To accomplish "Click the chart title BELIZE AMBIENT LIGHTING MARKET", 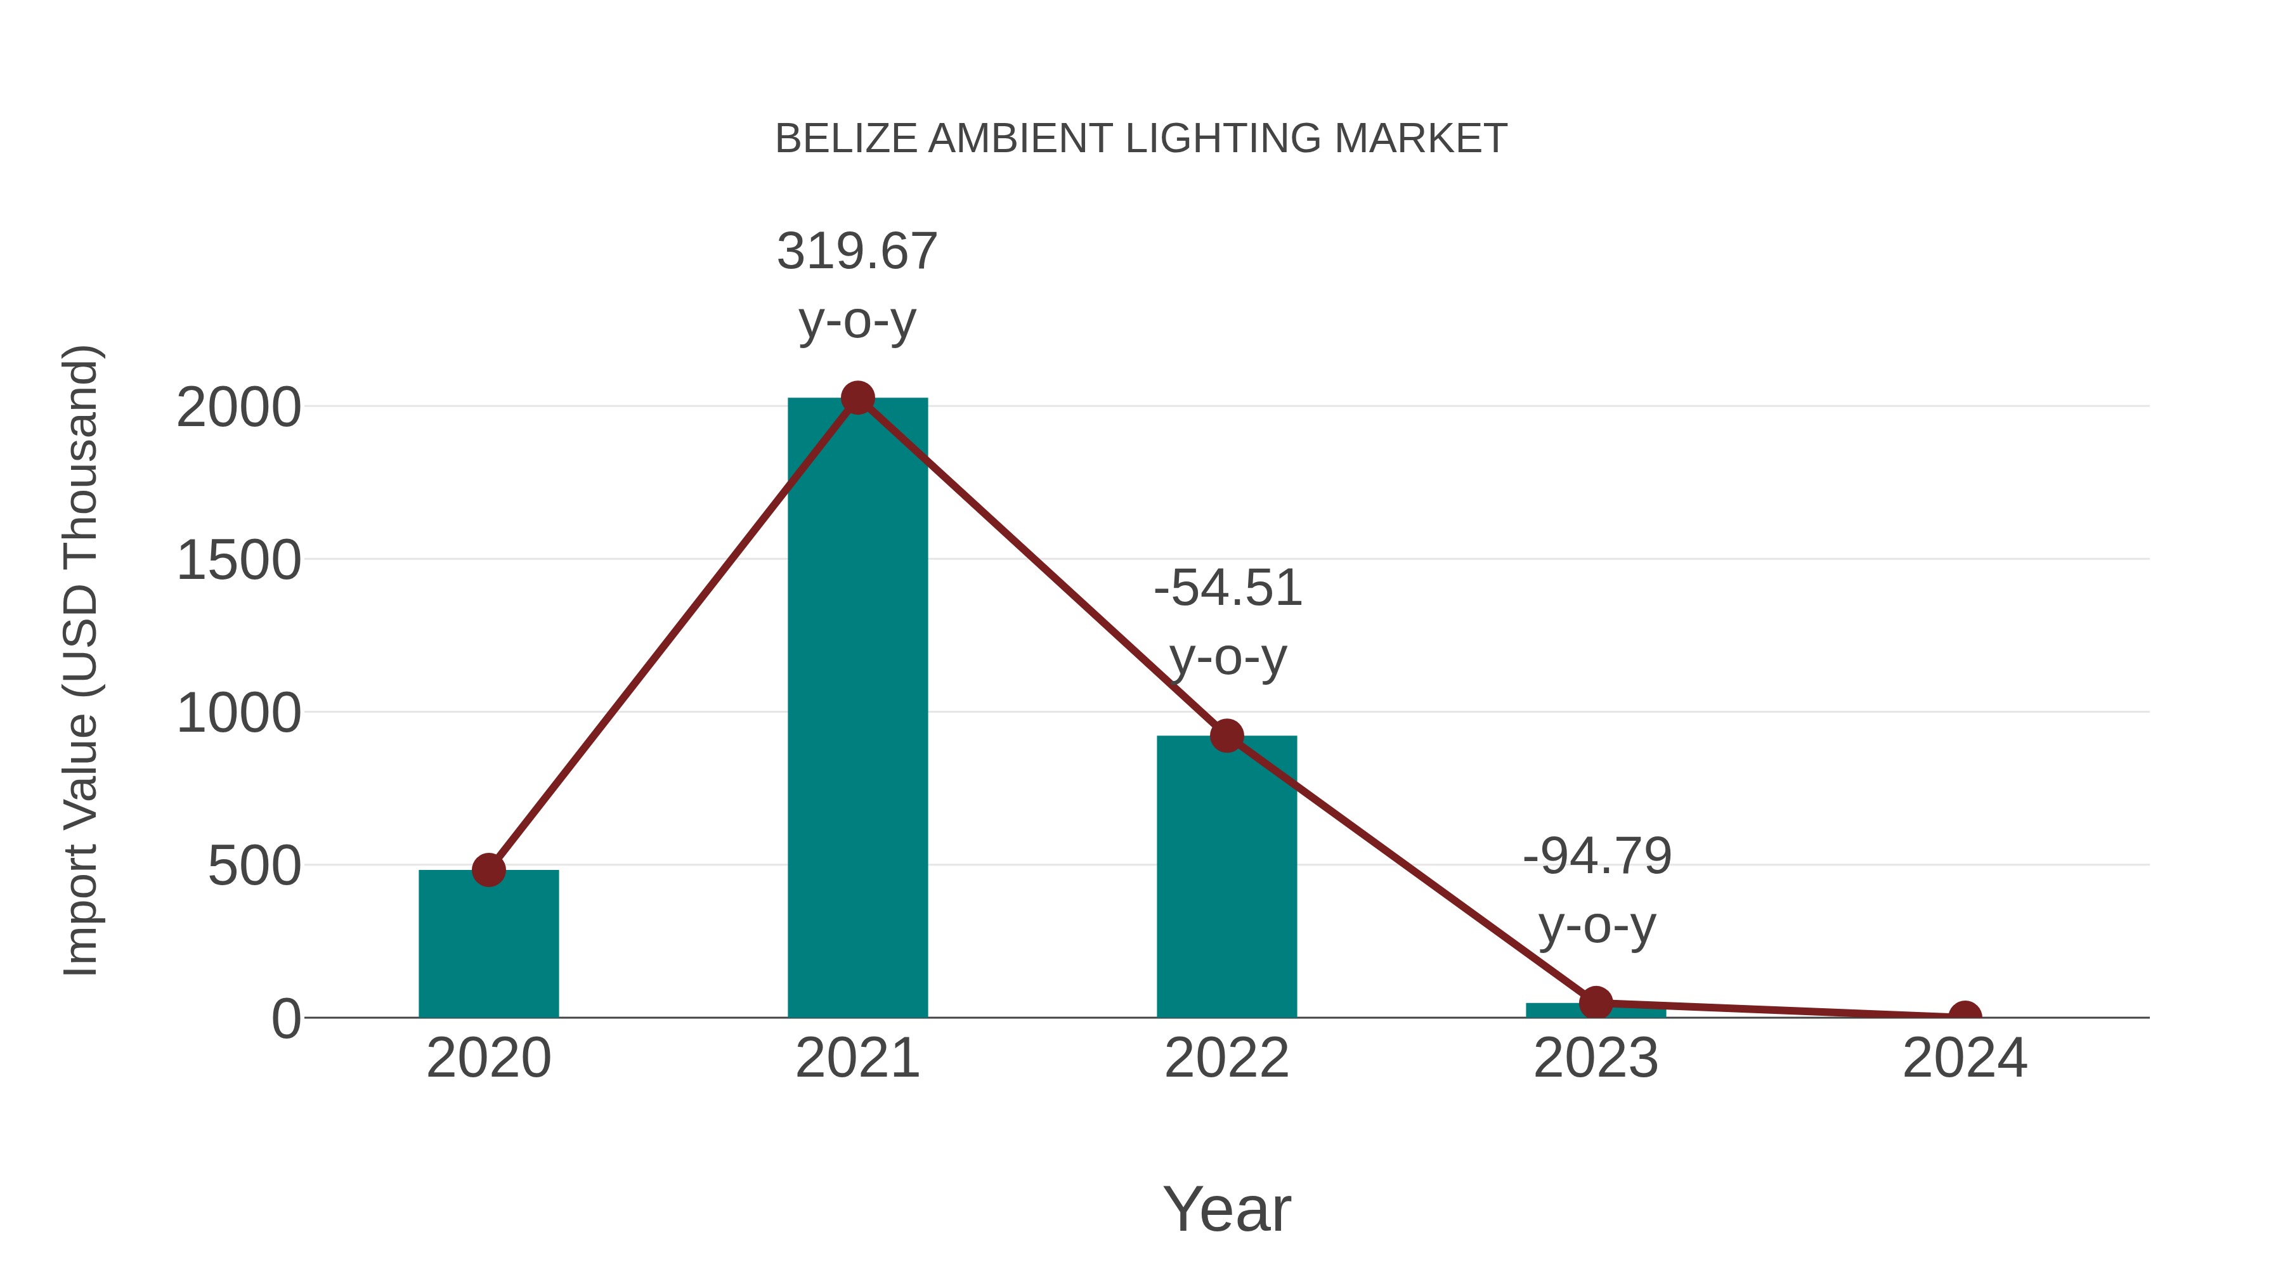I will point(1141,139).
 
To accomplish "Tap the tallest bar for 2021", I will point(857,709).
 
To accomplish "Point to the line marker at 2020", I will point(488,870).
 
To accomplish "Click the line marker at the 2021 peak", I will point(857,399).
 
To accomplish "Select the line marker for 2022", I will point(1226,736).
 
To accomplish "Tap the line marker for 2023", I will point(1596,1003).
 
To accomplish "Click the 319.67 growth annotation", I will point(857,252).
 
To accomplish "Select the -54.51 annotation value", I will point(1228,589).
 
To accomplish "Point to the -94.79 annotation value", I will point(1597,857).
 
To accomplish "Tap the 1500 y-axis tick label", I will point(238,561).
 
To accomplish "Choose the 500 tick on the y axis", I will point(254,867).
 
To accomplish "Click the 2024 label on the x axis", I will point(1965,1059).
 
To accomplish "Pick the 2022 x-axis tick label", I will point(1226,1059).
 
